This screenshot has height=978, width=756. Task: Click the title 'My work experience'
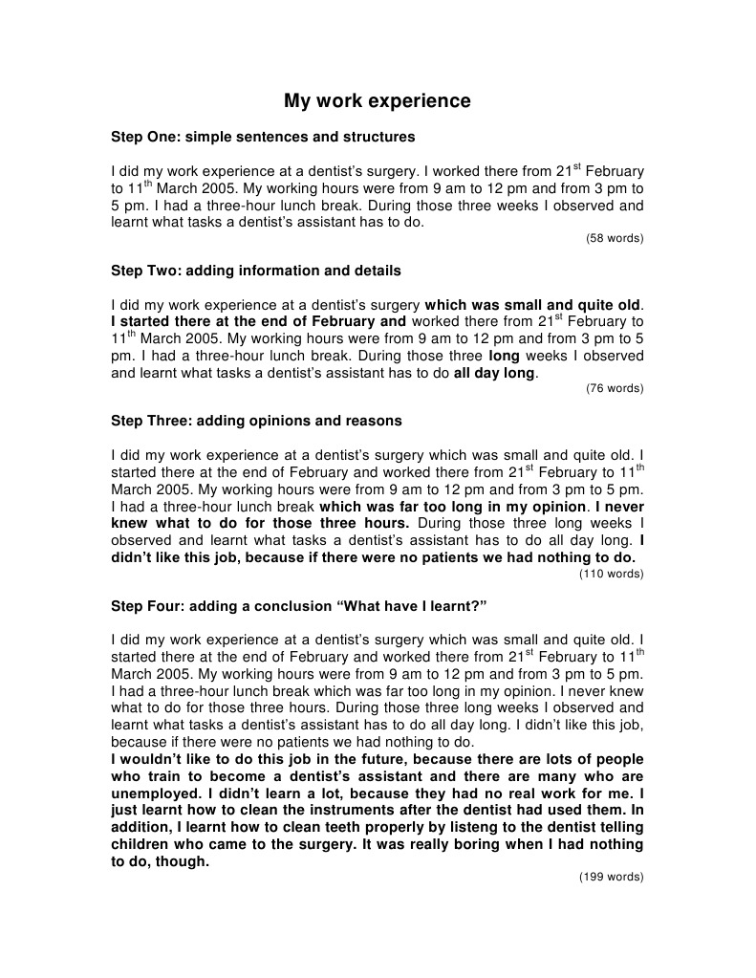[x=378, y=100]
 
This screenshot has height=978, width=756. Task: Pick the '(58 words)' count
[x=615, y=238]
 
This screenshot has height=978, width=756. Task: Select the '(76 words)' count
[x=615, y=388]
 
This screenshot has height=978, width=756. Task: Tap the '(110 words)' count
[x=612, y=574]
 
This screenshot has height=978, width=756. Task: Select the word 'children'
[x=140, y=845]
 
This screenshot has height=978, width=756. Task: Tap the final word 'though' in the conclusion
[x=185, y=861]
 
